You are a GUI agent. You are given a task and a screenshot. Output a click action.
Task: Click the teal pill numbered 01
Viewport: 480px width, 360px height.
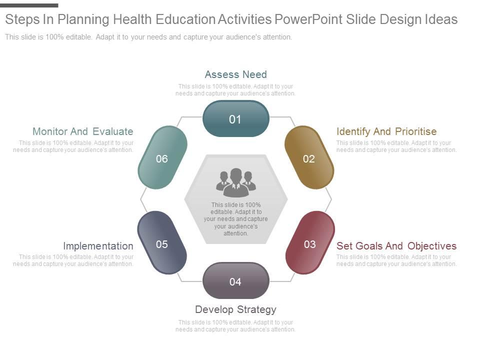pos(235,119)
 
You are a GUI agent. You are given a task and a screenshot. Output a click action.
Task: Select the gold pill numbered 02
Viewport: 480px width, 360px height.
pos(309,157)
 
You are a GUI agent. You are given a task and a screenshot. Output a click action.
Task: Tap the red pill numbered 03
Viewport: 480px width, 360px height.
pos(310,243)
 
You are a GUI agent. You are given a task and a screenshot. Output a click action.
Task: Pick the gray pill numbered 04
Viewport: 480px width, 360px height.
pos(235,280)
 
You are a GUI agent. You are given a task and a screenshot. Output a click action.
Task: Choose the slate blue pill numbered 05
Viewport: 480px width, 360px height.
pos(162,243)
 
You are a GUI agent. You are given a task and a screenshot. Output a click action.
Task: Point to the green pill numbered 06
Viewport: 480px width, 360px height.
pos(162,157)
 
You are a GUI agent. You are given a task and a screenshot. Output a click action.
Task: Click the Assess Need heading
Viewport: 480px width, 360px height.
pos(235,74)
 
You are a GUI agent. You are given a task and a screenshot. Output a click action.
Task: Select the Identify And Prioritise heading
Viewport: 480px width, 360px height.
pos(386,131)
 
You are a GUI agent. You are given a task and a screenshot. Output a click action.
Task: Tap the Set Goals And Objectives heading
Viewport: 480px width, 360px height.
pos(396,246)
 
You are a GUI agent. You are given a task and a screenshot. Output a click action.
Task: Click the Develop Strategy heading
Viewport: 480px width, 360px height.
pos(235,309)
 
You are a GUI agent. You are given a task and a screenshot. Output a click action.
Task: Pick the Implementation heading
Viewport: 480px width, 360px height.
pos(98,246)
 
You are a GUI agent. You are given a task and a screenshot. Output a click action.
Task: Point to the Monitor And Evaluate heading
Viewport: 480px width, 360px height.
pos(83,131)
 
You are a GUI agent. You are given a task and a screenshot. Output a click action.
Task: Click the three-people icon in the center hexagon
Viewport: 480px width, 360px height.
pos(236,182)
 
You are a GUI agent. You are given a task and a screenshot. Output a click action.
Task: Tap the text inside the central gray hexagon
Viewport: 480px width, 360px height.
pos(235,219)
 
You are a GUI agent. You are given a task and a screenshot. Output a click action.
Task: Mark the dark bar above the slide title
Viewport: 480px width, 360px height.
pos(29,5)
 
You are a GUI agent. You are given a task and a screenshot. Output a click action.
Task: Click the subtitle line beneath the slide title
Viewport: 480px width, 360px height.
pos(148,37)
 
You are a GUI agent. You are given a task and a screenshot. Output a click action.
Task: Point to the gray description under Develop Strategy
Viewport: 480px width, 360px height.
pos(235,326)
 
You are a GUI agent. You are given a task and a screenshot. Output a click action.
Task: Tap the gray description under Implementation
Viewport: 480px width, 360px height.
pos(73,260)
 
